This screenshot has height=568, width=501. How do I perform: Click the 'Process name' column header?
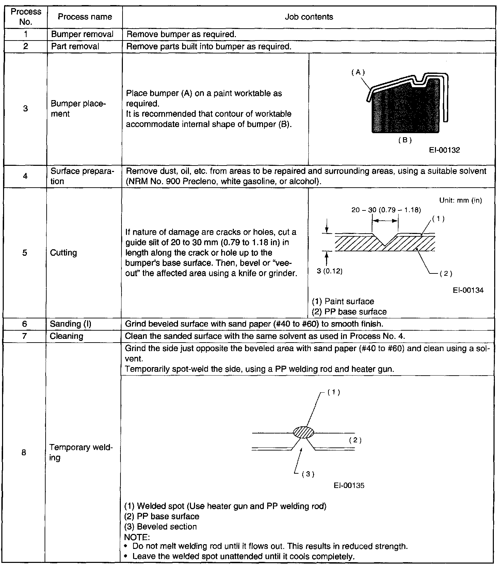click(85, 17)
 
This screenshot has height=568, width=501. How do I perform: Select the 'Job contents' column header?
click(309, 17)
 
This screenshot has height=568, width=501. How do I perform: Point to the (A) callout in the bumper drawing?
click(358, 72)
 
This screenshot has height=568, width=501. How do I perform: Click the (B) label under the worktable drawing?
click(405, 140)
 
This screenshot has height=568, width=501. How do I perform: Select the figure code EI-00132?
click(445, 150)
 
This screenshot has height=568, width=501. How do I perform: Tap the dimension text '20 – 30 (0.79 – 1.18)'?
click(386, 210)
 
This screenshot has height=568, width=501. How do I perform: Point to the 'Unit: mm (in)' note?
click(460, 200)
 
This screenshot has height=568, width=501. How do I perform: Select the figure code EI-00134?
click(468, 290)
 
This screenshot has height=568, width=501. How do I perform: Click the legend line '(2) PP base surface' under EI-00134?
click(349, 312)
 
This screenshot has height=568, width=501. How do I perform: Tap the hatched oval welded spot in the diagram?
click(304, 432)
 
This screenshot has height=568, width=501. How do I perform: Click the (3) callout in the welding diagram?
click(308, 474)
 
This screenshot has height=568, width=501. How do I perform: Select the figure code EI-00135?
click(349, 486)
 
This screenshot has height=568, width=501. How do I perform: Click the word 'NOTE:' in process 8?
click(137, 537)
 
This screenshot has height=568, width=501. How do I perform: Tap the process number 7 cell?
click(24, 336)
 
